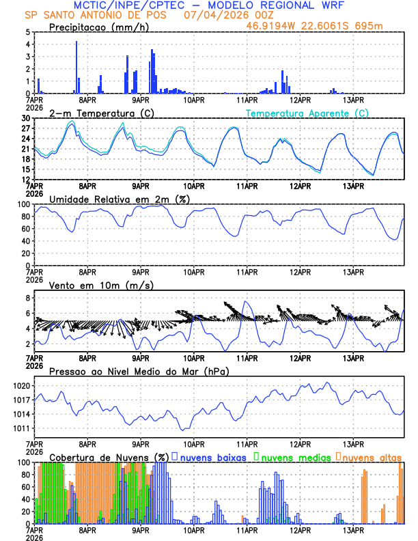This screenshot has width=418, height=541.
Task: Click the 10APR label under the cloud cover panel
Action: click(194, 529)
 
